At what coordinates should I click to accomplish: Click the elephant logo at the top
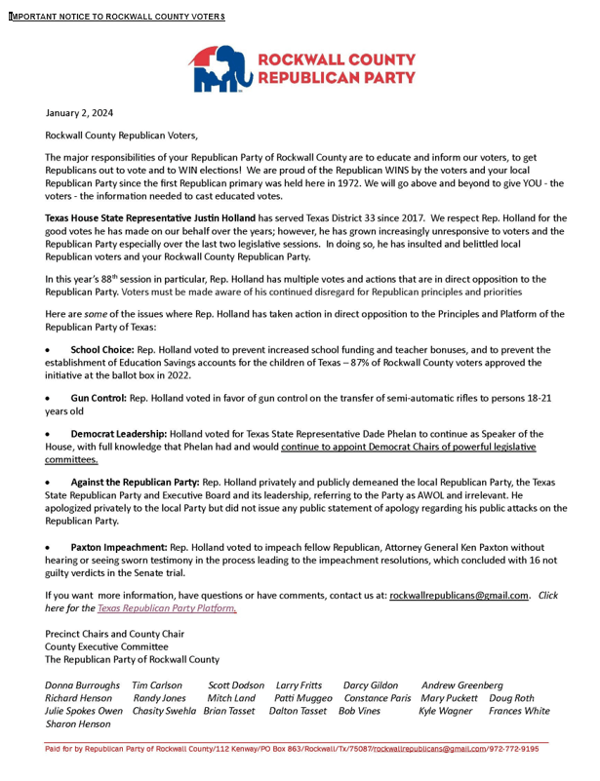point(216,67)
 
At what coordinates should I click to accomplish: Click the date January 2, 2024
point(80,114)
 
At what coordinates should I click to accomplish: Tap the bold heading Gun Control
point(98,398)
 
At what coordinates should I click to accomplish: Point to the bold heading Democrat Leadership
point(118,433)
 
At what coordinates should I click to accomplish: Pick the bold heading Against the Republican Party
point(135,483)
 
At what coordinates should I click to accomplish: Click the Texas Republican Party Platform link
point(167,607)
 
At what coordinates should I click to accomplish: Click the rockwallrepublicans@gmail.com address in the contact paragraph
point(459,595)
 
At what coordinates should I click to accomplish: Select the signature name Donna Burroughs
point(83,685)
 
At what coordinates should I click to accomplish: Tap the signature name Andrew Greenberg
point(462,685)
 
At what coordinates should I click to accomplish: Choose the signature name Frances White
point(519,711)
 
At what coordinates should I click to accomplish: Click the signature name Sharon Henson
point(78,724)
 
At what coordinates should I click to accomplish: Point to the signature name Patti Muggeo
point(303,698)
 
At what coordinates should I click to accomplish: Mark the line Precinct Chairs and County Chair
point(114,634)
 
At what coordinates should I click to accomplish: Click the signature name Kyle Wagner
point(445,711)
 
